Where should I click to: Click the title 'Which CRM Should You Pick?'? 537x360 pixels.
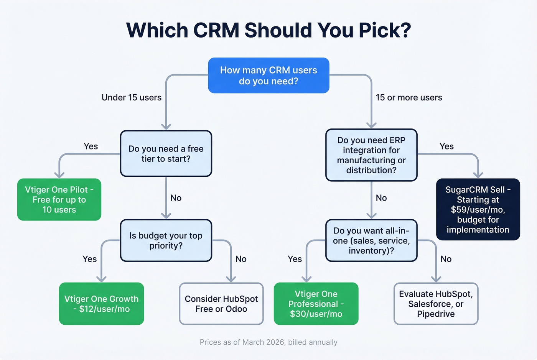(268, 30)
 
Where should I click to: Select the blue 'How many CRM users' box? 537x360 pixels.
(268, 76)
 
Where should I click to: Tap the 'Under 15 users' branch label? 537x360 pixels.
(132, 97)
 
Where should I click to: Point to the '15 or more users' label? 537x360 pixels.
(409, 97)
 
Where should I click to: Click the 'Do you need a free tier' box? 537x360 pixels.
(166, 154)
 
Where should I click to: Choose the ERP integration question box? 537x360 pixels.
(371, 155)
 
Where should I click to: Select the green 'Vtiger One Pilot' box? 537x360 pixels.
(59, 199)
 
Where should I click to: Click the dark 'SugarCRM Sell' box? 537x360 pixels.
(478, 209)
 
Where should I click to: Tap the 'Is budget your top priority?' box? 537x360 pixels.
(166, 240)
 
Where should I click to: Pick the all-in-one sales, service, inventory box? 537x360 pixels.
(371, 240)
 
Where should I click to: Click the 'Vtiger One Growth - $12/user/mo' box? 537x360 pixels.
(101, 304)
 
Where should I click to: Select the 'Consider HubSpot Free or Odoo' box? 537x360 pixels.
(221, 304)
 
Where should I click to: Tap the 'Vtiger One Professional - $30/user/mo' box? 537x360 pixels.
(316, 304)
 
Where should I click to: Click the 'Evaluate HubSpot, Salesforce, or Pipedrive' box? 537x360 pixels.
(436, 304)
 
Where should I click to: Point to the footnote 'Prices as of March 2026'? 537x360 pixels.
(268, 342)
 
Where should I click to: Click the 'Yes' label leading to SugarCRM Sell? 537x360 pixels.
(446, 146)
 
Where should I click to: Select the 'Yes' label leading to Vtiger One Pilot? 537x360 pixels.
(91, 146)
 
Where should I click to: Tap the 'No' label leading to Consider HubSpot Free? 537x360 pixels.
(241, 259)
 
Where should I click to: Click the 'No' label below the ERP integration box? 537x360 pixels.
(381, 198)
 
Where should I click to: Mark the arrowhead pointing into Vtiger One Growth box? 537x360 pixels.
(101, 279)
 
